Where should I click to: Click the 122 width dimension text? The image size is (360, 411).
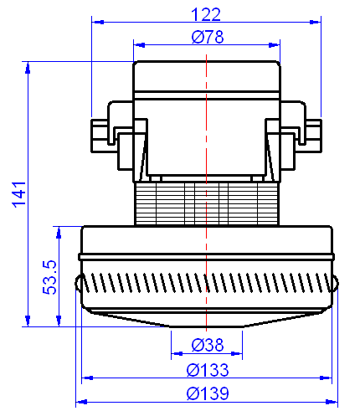point(206,14)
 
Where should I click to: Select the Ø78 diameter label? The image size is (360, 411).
point(206,37)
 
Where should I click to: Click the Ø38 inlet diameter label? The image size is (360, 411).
point(206,344)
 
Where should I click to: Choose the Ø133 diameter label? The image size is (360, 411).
point(206,369)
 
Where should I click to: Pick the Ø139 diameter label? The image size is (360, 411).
point(206,393)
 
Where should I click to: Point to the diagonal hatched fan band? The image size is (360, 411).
point(206,285)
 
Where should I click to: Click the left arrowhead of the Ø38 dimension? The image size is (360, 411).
point(174,353)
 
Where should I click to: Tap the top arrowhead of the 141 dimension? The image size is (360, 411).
point(29,65)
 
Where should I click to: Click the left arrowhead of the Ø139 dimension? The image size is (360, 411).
point(80,402)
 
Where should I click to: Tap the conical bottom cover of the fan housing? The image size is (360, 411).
point(206,317)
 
